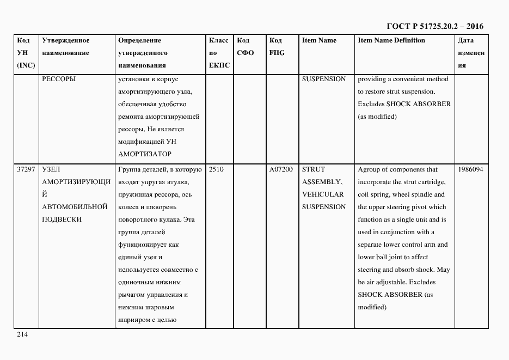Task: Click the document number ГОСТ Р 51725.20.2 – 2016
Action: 434,26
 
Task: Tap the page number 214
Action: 22,335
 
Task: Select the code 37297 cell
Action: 26,169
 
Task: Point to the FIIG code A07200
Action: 281,169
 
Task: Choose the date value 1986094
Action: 471,169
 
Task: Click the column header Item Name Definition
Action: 391,40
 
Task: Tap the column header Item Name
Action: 319,40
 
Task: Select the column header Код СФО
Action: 246,47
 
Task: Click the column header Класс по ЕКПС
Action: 219,53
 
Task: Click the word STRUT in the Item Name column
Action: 312,169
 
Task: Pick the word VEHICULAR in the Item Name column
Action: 323,194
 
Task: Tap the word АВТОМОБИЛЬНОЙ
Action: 75,207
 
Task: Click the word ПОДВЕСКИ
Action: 62,219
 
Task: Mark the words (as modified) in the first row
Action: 377,117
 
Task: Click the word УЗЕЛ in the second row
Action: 51,169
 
